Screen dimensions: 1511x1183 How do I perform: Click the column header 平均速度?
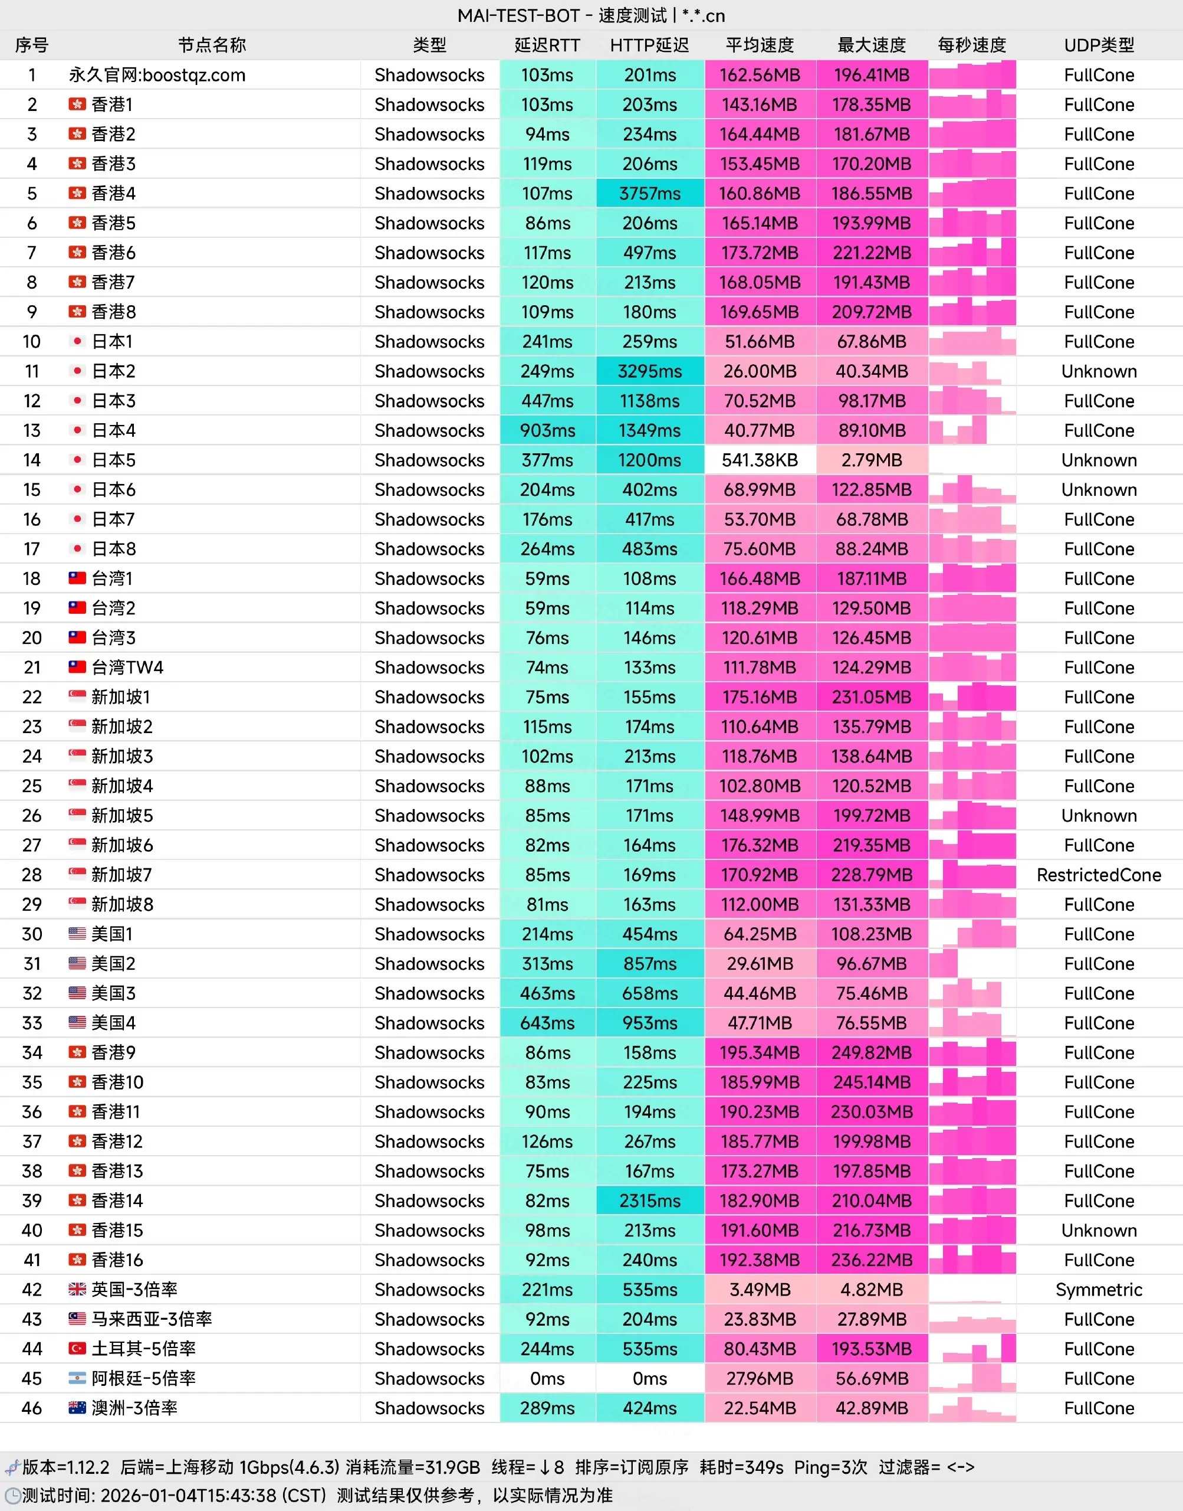pyautogui.click(x=760, y=45)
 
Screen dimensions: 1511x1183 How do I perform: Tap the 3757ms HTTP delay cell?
pyautogui.click(x=650, y=194)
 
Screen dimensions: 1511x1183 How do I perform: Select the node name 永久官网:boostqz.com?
pyautogui.click(x=157, y=75)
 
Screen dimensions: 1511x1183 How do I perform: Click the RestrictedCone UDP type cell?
pyautogui.click(x=1099, y=875)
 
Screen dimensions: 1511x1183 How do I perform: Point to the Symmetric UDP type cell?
pyautogui.click(x=1099, y=1289)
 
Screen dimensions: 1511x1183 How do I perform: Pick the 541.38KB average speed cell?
pyautogui.click(x=760, y=460)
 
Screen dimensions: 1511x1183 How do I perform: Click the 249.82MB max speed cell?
pyautogui.click(x=871, y=1052)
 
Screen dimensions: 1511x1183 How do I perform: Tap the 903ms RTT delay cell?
pyautogui.click(x=547, y=430)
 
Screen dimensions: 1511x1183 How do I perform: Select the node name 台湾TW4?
pyautogui.click(x=127, y=668)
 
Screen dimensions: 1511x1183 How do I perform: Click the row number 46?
pyautogui.click(x=32, y=1408)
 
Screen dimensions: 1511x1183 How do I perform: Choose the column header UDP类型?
pyautogui.click(x=1099, y=45)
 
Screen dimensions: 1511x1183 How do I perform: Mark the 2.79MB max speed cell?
pyautogui.click(x=871, y=460)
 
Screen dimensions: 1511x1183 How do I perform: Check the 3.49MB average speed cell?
pyautogui.click(x=760, y=1289)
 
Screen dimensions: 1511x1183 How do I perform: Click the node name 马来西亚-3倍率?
pyautogui.click(x=152, y=1319)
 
